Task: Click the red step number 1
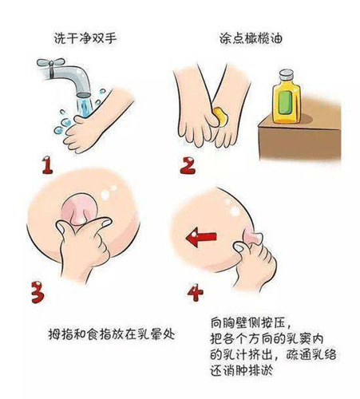click(47, 165)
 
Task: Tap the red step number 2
click(188, 165)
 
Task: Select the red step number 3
click(38, 292)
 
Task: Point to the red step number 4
click(195, 293)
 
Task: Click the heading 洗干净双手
click(85, 38)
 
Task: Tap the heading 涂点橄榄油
click(251, 38)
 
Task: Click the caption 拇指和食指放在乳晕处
click(112, 334)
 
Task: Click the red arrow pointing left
click(201, 237)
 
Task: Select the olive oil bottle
click(287, 97)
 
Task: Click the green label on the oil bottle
click(285, 102)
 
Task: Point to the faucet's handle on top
click(51, 63)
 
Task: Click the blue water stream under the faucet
click(85, 107)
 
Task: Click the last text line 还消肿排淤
click(242, 370)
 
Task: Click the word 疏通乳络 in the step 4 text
click(311, 354)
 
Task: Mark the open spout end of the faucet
click(84, 95)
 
